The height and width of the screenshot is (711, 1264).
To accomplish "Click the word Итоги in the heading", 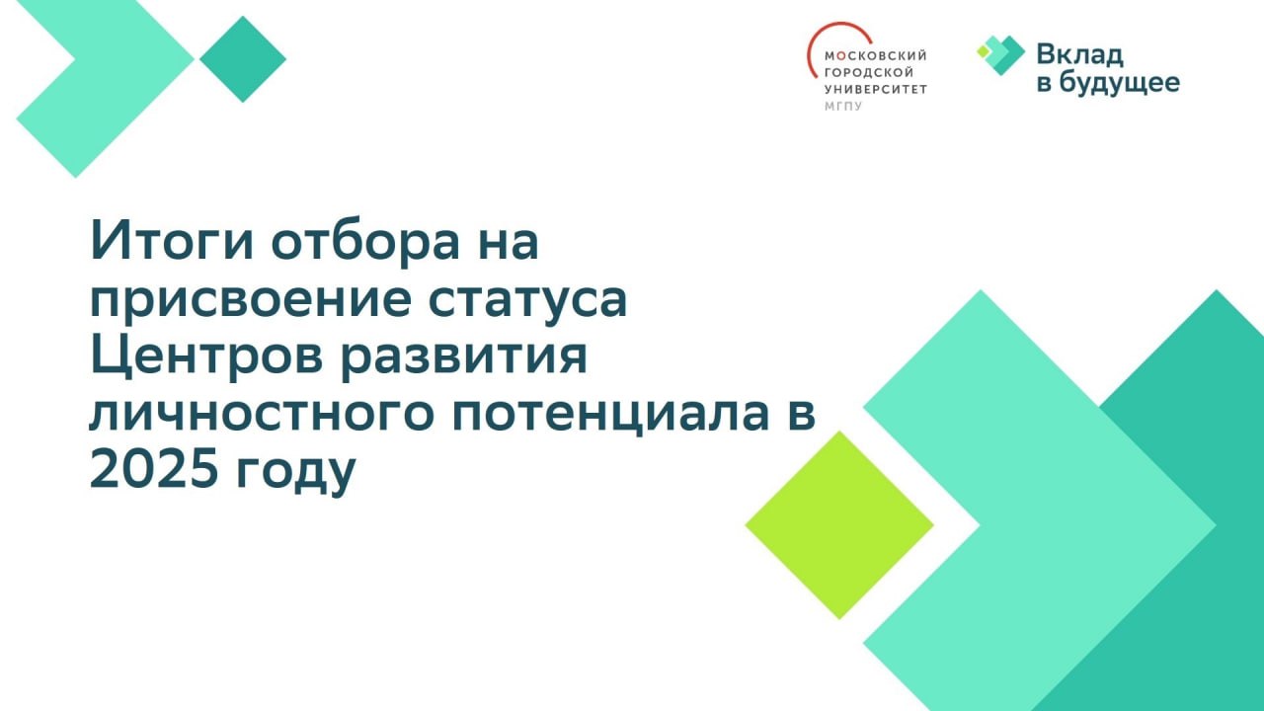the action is coord(172,241).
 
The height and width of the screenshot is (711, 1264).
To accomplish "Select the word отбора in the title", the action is coord(365,239).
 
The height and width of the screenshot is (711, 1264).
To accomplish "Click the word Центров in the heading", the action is coord(206,356).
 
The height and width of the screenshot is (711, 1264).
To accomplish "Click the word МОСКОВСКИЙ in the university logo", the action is coord(876,56).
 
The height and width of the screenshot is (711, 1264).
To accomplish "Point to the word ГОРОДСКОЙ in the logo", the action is coord(869,72).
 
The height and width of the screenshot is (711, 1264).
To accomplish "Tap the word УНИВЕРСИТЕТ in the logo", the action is coord(876,89).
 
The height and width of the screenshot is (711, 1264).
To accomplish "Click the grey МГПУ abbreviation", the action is coord(843,106).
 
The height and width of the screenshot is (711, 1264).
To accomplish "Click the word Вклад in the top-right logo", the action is coord(1080,55).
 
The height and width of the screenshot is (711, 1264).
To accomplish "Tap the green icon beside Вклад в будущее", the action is coord(1000,54).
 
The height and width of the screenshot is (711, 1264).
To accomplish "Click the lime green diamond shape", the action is coord(839,524).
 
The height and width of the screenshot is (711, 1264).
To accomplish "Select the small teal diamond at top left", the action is coord(243,58).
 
